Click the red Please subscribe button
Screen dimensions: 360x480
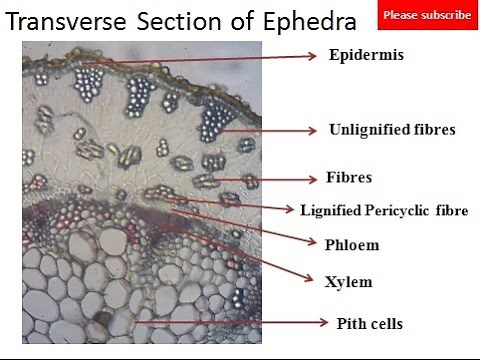coord(427,15)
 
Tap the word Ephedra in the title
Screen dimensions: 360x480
coord(314,20)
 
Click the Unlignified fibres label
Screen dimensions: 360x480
coord(391,129)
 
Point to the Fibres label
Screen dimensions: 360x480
coord(350,177)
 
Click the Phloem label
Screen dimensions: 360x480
coord(352,244)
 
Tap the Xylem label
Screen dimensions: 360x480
coord(348,281)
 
